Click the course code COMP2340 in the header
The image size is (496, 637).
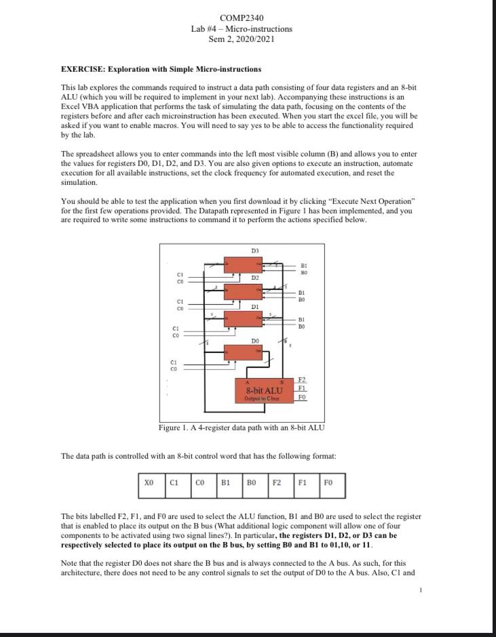pyautogui.click(x=242, y=18)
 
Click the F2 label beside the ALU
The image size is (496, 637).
pyautogui.click(x=302, y=381)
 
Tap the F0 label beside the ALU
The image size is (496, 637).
pyautogui.click(x=302, y=397)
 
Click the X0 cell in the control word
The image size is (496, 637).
pyautogui.click(x=151, y=483)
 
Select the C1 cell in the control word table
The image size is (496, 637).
pyautogui.click(x=174, y=483)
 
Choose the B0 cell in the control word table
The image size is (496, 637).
pyautogui.click(x=252, y=483)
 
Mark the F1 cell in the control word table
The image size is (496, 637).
pyautogui.click(x=303, y=483)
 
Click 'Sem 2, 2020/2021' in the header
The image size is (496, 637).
pyautogui.click(x=242, y=39)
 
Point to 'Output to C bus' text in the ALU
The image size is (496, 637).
pyautogui.click(x=264, y=398)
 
